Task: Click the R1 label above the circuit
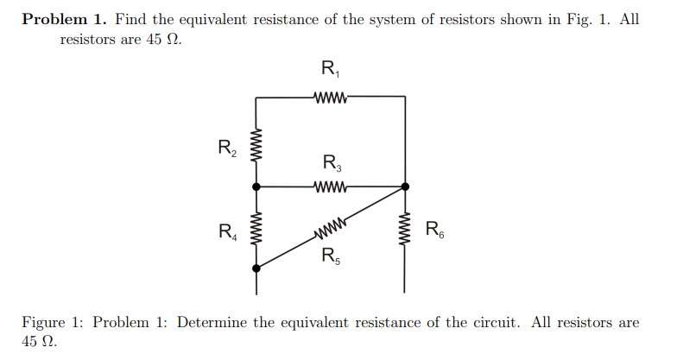tap(330, 69)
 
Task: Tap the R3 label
tap(332, 162)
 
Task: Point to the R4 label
tap(225, 231)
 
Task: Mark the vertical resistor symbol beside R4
tap(256, 230)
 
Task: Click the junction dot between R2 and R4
tap(256, 185)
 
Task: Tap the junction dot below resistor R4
tap(256, 268)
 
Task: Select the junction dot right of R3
tap(404, 185)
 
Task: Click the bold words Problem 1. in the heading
tap(63, 19)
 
